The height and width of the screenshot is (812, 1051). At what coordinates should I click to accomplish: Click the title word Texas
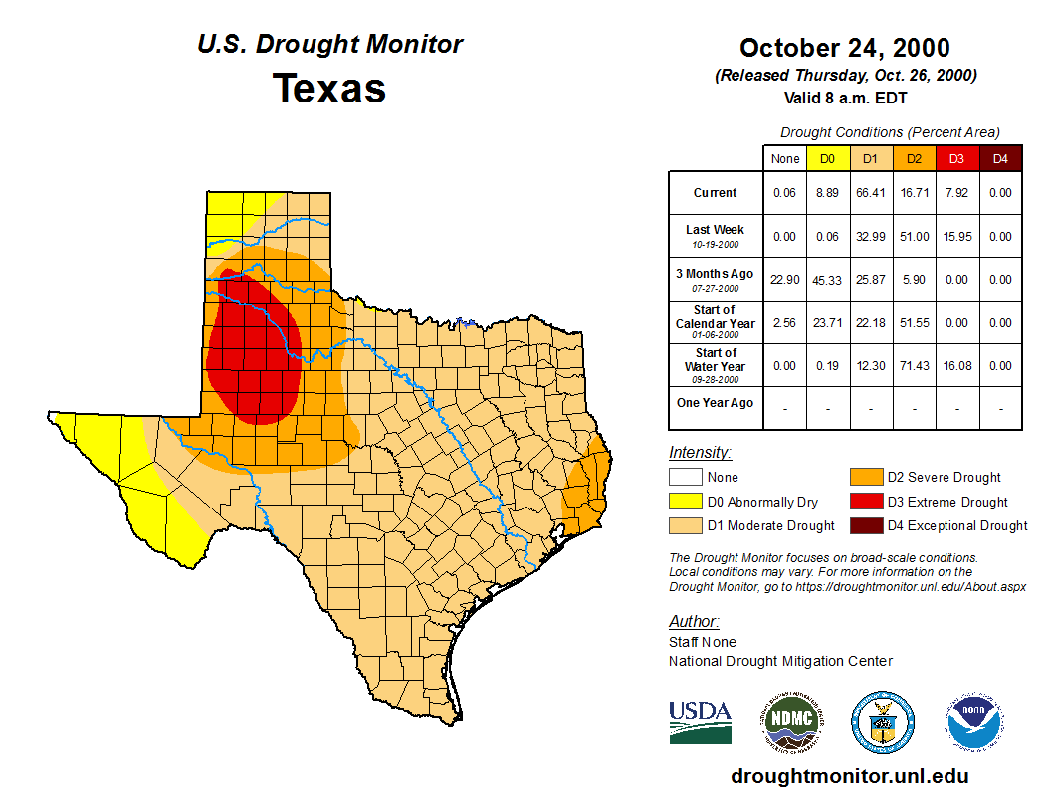pos(329,88)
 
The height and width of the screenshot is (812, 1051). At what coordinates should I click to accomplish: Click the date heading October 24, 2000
pos(844,48)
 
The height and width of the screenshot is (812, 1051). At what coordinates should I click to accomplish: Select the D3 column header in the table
pos(956,158)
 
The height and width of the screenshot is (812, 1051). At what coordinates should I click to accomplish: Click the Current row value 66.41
pos(870,193)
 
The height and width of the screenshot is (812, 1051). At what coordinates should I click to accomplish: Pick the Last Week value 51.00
pos(914,237)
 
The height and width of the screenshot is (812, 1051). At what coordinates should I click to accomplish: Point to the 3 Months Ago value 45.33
pos(827,280)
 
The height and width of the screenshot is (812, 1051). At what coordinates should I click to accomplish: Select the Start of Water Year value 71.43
pos(914,366)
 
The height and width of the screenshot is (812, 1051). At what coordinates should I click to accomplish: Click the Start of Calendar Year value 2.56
pos(784,323)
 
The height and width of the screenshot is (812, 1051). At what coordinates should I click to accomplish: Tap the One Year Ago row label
pos(715,403)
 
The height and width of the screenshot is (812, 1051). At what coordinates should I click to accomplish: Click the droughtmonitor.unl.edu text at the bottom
pos(849,776)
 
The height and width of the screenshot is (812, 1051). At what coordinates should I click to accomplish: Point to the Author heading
pos(694,622)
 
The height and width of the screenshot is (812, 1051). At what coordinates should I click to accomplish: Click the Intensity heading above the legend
pos(700,453)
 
